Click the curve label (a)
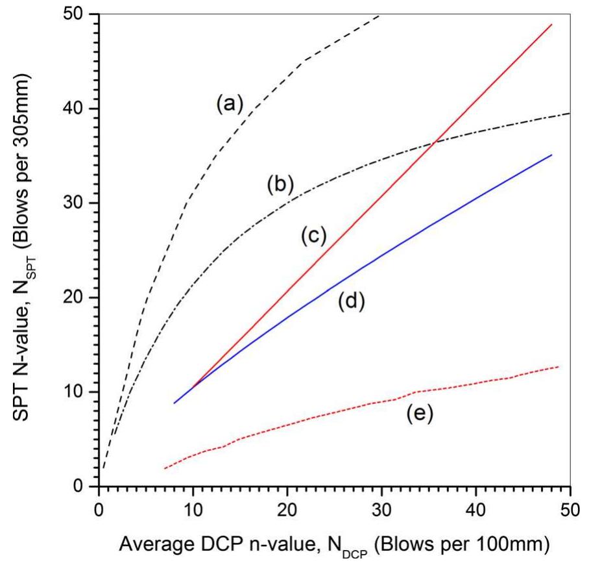coord(229,104)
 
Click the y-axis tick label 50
coord(78,14)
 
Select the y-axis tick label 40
coord(78,108)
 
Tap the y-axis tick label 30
coord(78,203)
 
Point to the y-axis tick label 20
coord(78,298)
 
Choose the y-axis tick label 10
coord(78,392)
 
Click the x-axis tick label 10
coord(193,503)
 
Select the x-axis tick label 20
coord(287,503)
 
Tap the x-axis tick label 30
coord(381,503)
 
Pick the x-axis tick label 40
coord(476,503)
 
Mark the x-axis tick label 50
coord(570,503)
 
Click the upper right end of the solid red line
coord(551,25)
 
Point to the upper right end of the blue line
coord(551,155)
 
